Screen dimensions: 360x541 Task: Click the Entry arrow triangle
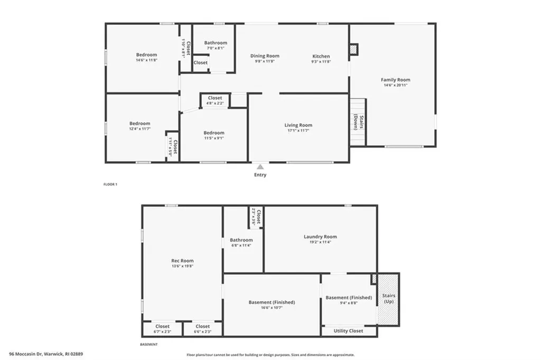coord(260,167)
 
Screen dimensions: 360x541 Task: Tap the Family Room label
coord(395,80)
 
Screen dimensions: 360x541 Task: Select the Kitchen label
coord(321,56)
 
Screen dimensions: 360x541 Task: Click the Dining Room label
coord(265,56)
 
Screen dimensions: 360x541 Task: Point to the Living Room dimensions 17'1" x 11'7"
coord(299,131)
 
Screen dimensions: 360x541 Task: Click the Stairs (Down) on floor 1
coord(358,122)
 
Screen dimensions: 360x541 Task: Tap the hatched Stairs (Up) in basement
coord(388,299)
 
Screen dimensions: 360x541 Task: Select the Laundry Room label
coord(320,236)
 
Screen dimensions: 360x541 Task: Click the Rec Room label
coord(182,261)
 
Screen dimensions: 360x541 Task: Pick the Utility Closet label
coord(348,331)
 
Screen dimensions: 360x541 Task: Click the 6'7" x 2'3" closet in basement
coord(162,329)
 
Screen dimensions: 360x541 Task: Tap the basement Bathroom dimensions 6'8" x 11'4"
coord(241,245)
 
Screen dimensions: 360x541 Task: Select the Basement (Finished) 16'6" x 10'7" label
coord(272,302)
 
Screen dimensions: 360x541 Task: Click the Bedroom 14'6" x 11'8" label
coord(146,55)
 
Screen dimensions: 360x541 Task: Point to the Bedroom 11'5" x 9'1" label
coord(214,133)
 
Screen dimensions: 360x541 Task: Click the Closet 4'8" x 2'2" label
coord(215,98)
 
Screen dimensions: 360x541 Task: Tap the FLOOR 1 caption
coord(110,184)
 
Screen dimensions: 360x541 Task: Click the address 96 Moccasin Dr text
coord(46,354)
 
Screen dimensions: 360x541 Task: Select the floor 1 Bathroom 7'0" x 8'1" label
coord(216,43)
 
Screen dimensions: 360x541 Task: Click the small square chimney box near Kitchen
coord(353,49)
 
